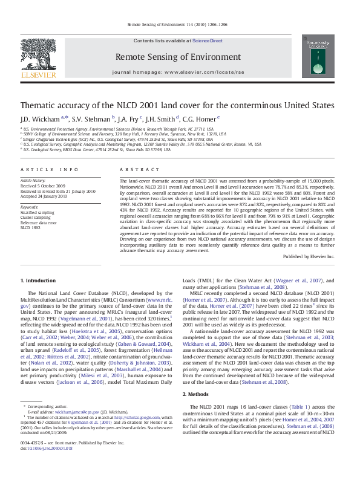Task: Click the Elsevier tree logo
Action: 38,57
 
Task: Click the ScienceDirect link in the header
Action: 208,41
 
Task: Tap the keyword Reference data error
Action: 38,222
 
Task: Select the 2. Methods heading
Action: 198,394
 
